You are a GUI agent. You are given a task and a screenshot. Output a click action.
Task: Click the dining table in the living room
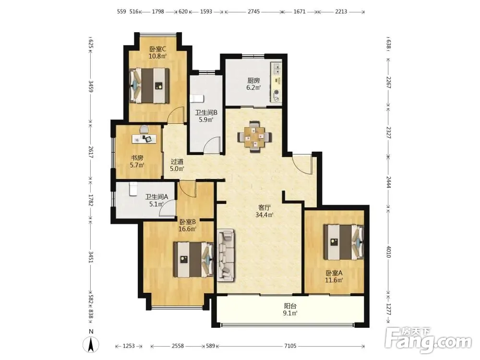255,137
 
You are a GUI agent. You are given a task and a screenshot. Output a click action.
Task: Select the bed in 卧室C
149,85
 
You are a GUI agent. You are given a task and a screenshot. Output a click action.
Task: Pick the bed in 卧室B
193,260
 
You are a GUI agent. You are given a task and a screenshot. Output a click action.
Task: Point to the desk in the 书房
144,139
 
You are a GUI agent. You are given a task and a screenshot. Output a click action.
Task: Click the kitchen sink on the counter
276,69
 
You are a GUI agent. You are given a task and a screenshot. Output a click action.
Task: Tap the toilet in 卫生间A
133,189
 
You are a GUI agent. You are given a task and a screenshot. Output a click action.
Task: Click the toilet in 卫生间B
196,99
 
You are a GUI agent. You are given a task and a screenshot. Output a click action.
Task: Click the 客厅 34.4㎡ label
264,211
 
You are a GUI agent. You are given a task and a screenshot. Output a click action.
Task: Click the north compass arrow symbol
91,344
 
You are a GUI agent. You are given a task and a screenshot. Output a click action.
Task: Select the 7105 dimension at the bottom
290,346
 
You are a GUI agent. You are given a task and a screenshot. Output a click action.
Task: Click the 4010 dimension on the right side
388,252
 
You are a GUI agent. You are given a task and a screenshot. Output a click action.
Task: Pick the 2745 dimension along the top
254,12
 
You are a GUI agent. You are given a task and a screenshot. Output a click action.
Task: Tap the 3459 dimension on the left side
91,86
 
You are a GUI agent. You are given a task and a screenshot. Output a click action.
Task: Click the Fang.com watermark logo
428,339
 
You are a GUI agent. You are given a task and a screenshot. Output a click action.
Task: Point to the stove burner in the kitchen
277,92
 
